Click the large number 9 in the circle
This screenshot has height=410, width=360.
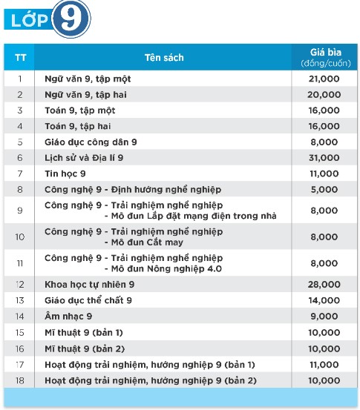[72, 21]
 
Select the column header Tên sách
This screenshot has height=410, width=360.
[163, 57]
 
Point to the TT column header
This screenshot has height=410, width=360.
[20, 57]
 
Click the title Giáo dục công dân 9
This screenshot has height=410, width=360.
[91, 142]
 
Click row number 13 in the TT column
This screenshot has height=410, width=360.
[20, 300]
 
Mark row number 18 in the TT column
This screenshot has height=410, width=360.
[20, 380]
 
